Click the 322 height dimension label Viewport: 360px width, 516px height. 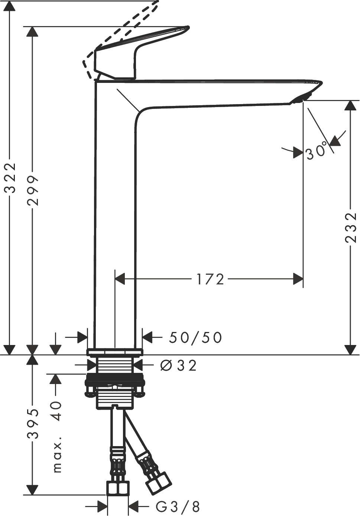click(12, 178)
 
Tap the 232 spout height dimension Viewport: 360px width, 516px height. click(351, 228)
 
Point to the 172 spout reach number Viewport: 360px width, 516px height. click(210, 279)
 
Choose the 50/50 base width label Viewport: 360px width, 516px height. click(195, 338)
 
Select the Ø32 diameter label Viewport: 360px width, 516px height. click(178, 366)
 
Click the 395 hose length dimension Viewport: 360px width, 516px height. click(33, 424)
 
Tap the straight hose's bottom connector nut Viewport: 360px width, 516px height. click(118, 488)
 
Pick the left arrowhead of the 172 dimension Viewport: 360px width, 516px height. click(120, 279)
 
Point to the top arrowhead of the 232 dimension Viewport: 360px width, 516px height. click(348, 106)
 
